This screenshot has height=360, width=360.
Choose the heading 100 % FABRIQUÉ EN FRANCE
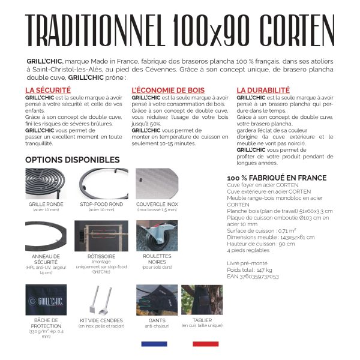point(277,178)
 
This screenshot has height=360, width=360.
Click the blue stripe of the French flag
point(154,344)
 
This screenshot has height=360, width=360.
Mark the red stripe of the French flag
point(206,344)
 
